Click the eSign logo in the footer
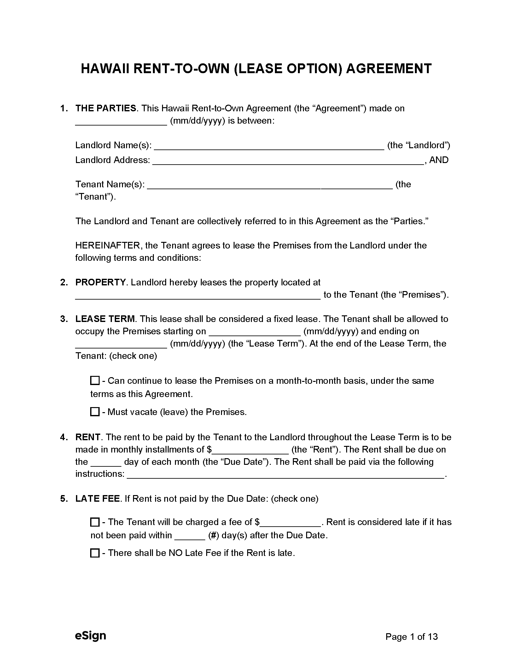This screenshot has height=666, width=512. click(x=90, y=635)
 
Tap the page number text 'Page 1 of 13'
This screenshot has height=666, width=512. click(x=411, y=637)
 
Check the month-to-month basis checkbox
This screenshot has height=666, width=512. click(x=95, y=381)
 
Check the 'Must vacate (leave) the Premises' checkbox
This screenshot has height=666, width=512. click(x=95, y=412)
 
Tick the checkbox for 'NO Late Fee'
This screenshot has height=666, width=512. click(x=95, y=553)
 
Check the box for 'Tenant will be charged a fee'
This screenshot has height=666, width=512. click(x=95, y=522)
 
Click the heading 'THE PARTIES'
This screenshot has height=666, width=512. click(x=106, y=108)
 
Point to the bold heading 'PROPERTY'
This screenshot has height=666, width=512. click(x=100, y=282)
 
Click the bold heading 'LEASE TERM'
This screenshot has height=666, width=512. click(x=105, y=319)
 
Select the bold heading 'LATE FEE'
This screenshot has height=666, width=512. click(x=97, y=499)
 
